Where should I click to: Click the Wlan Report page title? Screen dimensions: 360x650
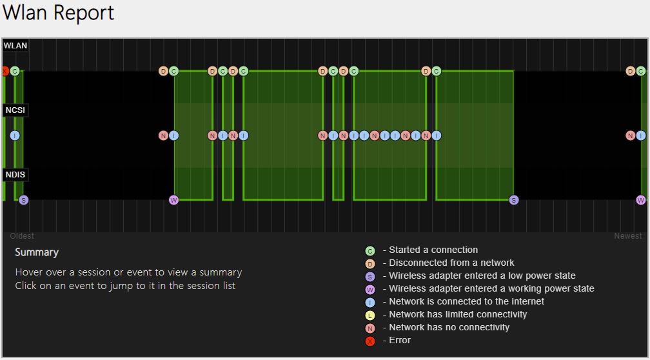pos(58,13)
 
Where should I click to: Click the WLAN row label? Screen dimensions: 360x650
pos(15,45)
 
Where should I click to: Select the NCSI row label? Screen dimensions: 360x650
pos(15,110)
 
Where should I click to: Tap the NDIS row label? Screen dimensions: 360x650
pos(15,175)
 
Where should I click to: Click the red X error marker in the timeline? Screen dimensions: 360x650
pos(4,71)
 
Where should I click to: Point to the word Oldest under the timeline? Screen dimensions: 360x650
pos(22,236)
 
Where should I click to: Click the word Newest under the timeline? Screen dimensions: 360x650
pos(627,236)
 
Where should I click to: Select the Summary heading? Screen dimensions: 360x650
pos(37,252)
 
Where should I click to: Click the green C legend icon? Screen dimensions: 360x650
pos(369,250)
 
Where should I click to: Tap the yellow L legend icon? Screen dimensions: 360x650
pos(369,315)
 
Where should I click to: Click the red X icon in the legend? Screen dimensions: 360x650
pos(369,341)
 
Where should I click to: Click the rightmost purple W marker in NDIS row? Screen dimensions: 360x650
pos(641,200)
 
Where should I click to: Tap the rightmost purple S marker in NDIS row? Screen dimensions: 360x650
pos(514,200)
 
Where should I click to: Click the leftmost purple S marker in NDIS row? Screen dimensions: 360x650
pos(24,200)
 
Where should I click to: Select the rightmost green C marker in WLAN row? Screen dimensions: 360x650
pos(641,71)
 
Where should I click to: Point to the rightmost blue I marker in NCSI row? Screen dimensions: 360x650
pos(641,135)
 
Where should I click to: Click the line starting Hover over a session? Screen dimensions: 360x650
pos(128,272)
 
